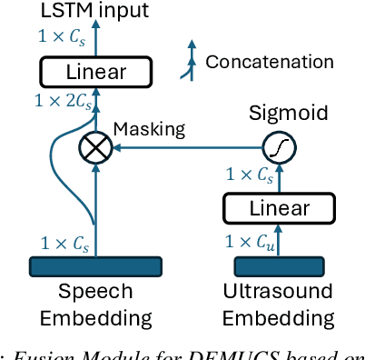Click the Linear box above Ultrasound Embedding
click(280, 208)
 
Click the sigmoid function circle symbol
click(279, 149)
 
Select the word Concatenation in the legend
click(270, 62)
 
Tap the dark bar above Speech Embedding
click(95, 265)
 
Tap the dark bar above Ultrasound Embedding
click(280, 265)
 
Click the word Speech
click(95, 292)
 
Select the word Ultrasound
click(280, 292)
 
